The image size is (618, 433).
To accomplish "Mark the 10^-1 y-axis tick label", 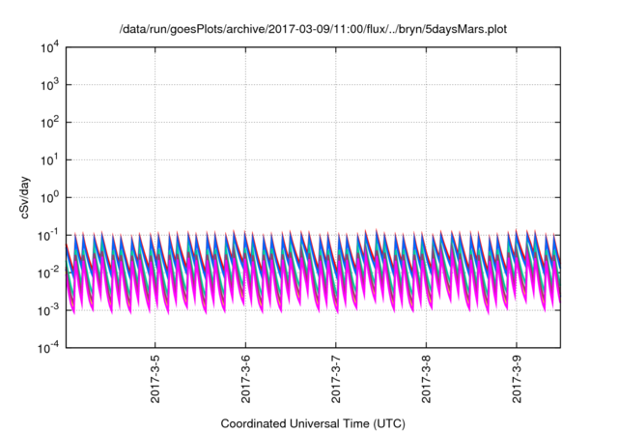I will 49,235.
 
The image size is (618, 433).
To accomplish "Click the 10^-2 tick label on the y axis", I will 49,273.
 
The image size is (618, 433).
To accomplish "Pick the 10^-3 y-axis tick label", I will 49,310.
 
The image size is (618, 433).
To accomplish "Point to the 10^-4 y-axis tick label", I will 49,348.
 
